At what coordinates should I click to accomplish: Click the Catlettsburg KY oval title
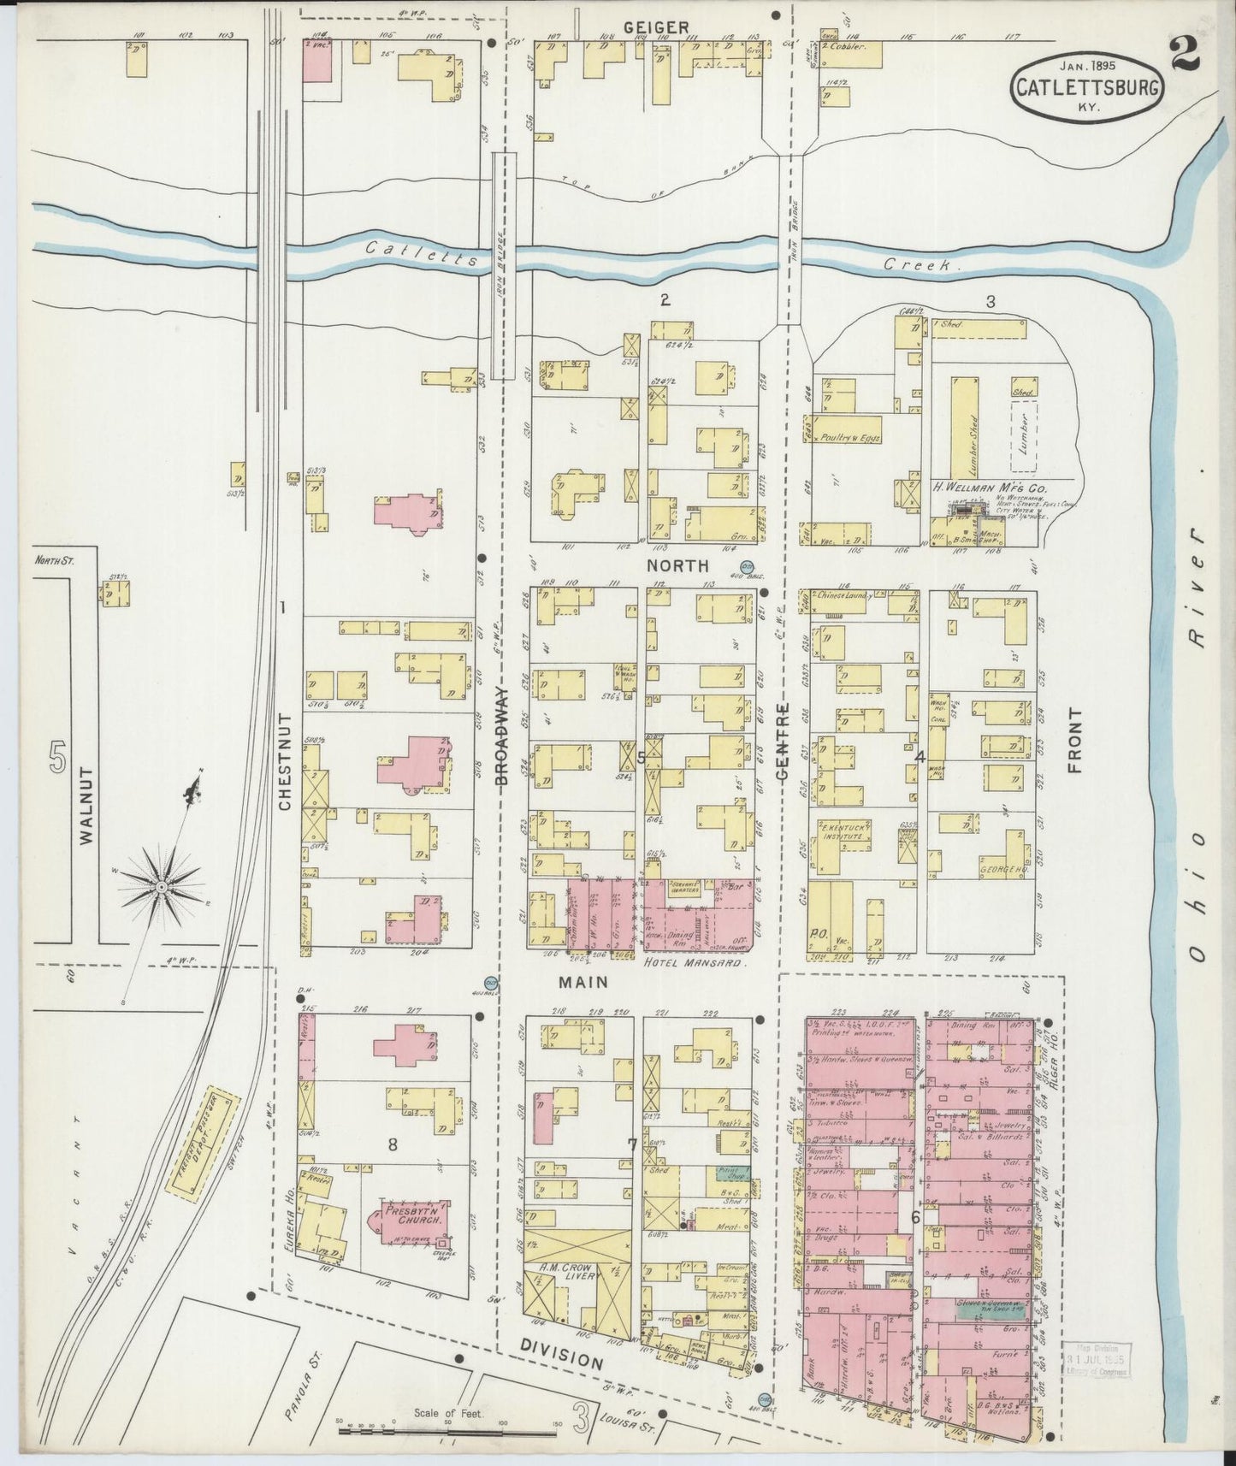click(1086, 86)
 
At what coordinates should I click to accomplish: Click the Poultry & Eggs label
click(850, 438)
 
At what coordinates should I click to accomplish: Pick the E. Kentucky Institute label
click(839, 832)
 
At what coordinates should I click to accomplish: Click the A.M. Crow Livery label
click(568, 1273)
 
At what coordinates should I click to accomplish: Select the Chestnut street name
click(285, 762)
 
